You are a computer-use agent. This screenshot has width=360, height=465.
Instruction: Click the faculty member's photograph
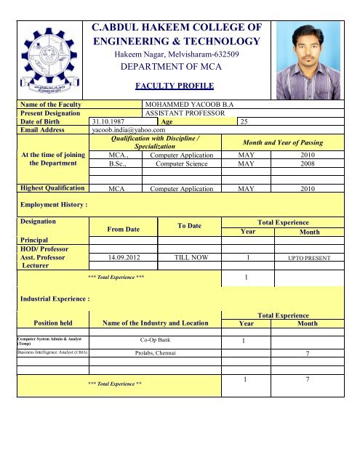point(305,56)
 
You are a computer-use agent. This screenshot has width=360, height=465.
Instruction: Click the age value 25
point(244,122)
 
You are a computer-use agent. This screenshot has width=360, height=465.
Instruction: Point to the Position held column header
point(49,323)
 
